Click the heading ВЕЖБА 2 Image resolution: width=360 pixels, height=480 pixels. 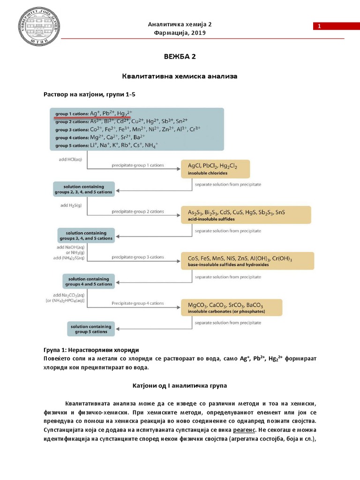(180, 57)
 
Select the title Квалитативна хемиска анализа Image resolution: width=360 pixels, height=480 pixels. (180, 75)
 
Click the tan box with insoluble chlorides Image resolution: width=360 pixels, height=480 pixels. (215, 169)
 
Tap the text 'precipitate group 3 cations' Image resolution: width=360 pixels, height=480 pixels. (137, 257)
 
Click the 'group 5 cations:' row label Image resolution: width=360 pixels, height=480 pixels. (72, 146)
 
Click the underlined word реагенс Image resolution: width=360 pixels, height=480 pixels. (246, 429)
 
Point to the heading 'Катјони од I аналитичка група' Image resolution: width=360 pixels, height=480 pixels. (180, 385)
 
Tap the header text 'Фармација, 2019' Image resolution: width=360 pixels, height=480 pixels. (180, 33)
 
